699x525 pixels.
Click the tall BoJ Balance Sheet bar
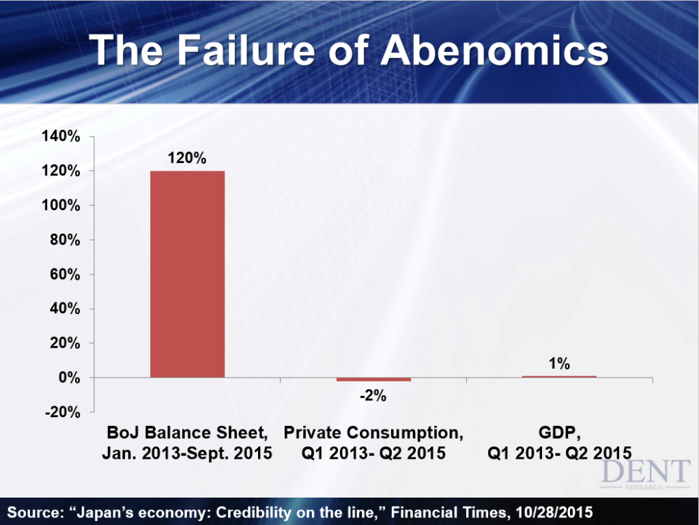187,274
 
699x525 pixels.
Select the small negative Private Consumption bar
373,380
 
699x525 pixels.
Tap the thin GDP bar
559,377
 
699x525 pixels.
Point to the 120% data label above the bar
187,158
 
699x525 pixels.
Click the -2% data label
373,395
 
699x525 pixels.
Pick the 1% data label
559,364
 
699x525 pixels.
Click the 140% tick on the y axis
61,136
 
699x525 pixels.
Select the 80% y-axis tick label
65,240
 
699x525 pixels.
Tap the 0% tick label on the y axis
70,378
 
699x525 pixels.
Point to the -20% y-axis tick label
62,412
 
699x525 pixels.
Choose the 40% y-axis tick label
65,309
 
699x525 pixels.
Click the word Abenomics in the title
494,50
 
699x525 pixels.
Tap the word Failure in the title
246,50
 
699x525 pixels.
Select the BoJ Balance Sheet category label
187,442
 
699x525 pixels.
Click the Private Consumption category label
373,442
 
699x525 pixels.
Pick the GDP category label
560,442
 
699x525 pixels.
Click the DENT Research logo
645,474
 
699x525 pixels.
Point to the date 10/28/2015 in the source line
554,513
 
